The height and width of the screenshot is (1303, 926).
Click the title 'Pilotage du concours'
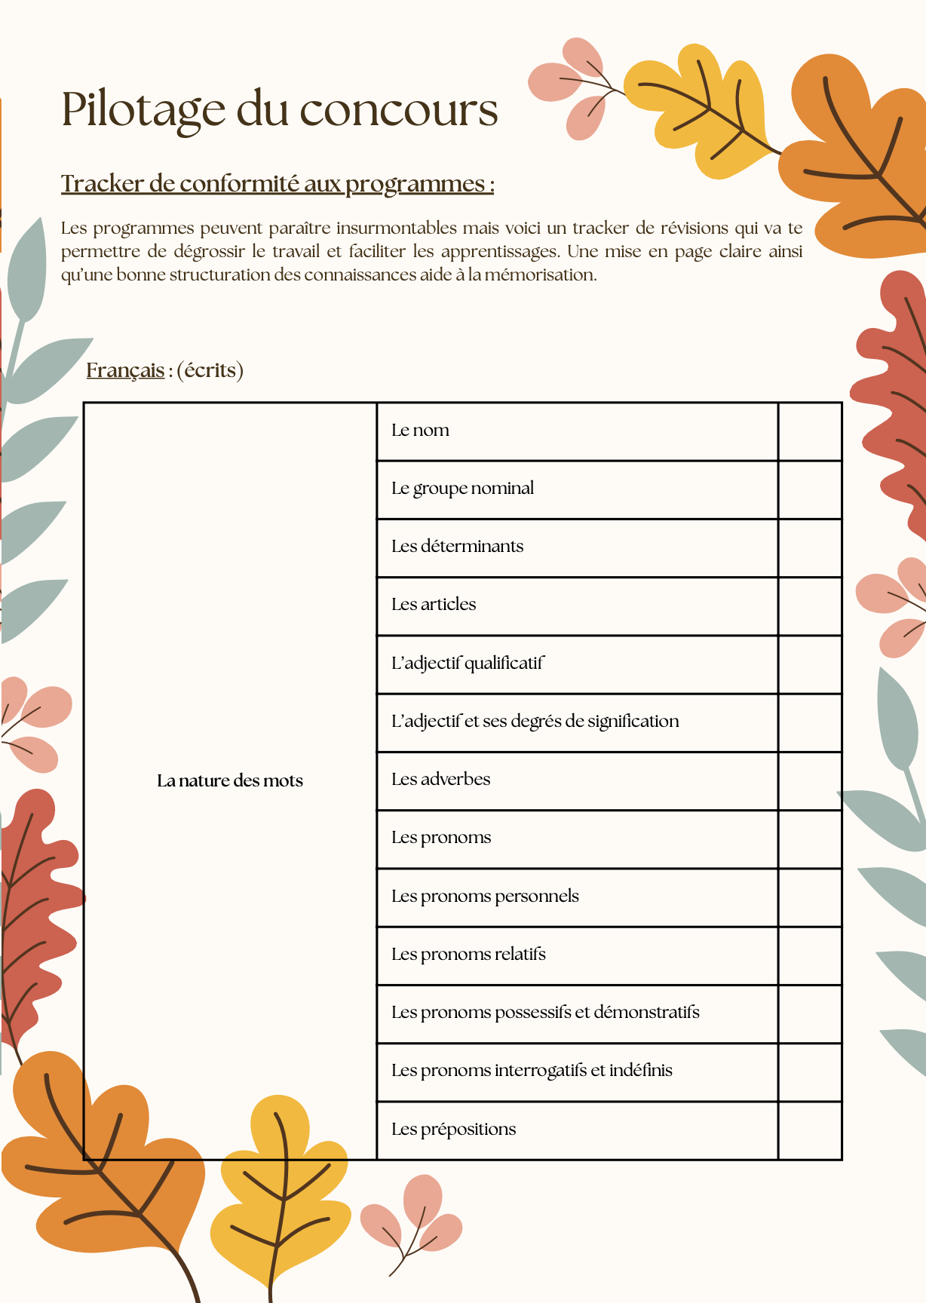[279, 109]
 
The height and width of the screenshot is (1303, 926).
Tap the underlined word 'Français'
[125, 370]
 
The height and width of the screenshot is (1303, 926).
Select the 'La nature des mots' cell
[230, 780]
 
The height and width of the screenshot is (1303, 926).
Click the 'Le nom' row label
[420, 431]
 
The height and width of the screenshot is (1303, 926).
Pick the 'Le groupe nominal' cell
[462, 489]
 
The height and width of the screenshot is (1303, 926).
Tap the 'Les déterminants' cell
[457, 547]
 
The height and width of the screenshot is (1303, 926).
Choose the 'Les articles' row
[434, 605]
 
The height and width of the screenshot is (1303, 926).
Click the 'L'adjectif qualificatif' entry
[467, 664]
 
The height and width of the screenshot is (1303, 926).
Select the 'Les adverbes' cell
[440, 780]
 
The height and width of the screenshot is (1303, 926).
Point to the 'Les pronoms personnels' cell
[485, 897]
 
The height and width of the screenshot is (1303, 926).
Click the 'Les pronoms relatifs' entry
[468, 955]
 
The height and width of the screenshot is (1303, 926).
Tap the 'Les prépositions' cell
[453, 1130]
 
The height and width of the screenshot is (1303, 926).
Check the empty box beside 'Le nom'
[809, 431]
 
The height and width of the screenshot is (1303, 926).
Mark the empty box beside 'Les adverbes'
[809, 781]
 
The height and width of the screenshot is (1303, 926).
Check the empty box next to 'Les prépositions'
[809, 1130]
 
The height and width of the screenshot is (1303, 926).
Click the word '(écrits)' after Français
[210, 370]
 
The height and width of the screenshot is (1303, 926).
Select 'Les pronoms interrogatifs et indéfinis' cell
[532, 1071]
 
